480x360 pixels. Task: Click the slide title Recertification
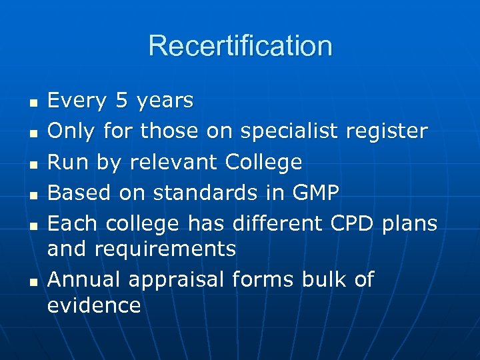pos(240,46)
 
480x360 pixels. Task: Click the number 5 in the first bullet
pos(121,101)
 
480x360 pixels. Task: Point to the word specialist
pos(291,132)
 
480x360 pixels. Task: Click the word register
pos(387,132)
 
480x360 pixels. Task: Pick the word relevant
pos(174,162)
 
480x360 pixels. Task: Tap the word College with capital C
pos(264,163)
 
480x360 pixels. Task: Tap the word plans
pos(410,224)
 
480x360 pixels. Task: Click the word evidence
pos(94,305)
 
